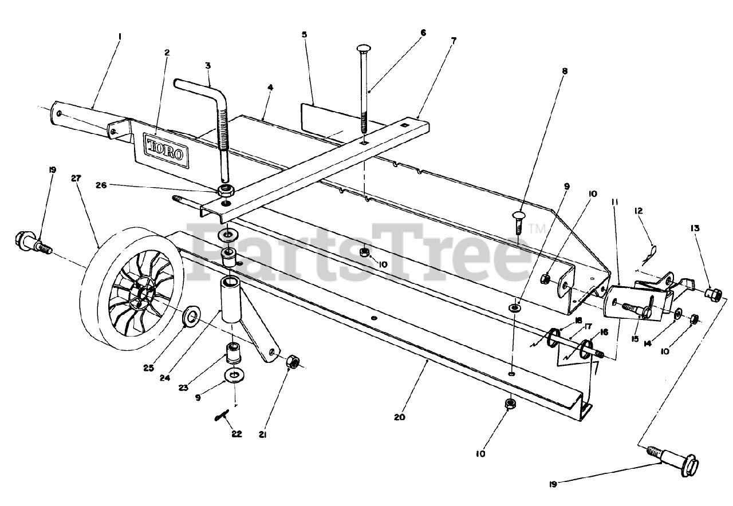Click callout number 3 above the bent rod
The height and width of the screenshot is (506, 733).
pos(208,66)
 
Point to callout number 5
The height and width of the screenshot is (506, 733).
pos(304,35)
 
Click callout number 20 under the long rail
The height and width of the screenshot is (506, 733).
pos(399,417)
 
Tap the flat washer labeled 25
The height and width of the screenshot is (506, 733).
pos(191,315)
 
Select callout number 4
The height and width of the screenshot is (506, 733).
pos(270,88)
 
